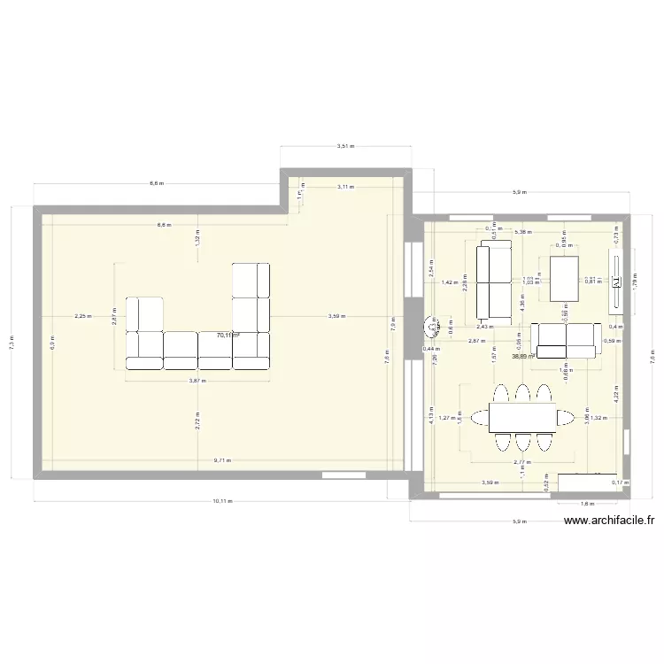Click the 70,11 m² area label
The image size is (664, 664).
click(228, 336)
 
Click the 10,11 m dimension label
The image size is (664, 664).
click(221, 501)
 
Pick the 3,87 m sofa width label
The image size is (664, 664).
click(197, 381)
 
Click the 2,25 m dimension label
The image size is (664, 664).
click(81, 316)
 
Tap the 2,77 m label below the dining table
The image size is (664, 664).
click(521, 461)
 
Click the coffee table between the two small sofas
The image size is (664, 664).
click(564, 279)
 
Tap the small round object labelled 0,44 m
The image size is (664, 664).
click(433, 328)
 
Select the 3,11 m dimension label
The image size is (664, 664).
click(345, 187)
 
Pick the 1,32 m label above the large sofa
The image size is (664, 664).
click(197, 237)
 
